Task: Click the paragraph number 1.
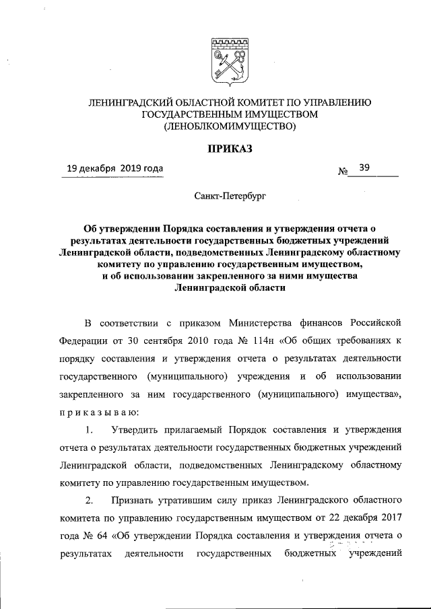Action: tap(89, 429)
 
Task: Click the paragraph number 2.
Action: tap(89, 501)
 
